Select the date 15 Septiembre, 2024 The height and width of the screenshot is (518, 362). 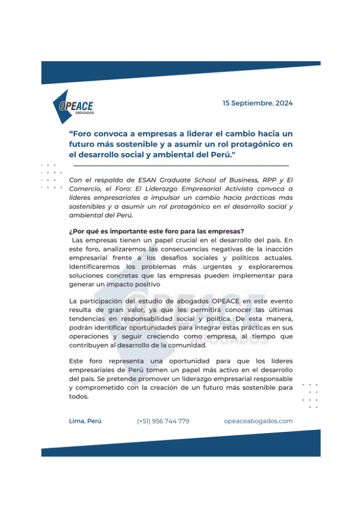point(257,103)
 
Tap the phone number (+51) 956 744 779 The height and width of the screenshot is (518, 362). point(163,421)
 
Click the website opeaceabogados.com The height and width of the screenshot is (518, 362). point(258,421)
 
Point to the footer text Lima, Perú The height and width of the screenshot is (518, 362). point(85,421)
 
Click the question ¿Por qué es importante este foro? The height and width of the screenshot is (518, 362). point(156,231)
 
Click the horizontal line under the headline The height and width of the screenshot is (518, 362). point(181,165)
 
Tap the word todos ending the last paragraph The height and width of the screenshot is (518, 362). point(78,397)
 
